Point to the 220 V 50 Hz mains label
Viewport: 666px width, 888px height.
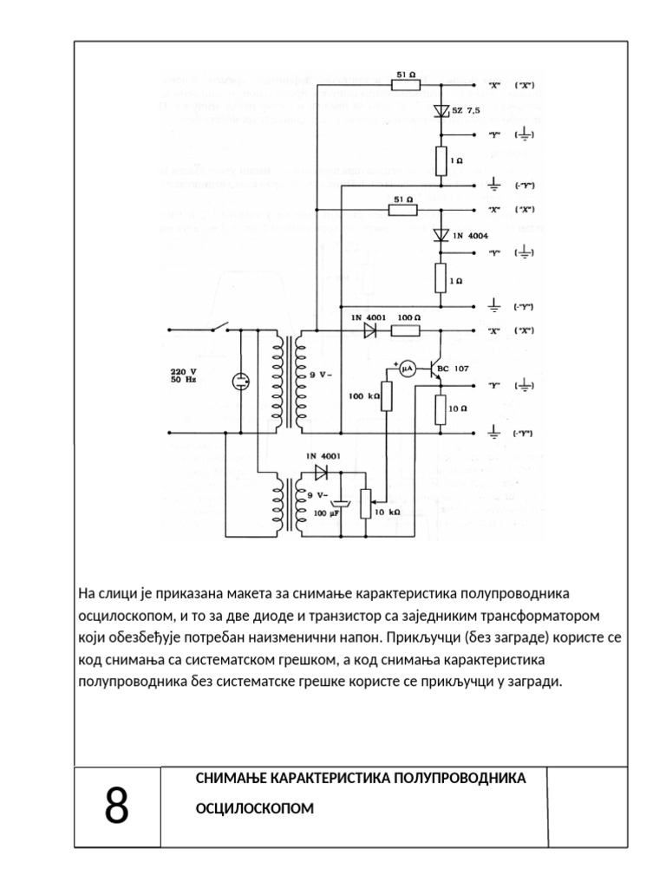184,375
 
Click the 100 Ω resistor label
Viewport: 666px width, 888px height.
408,318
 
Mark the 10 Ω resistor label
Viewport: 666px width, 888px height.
459,408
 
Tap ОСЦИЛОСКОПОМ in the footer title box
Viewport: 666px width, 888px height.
255,808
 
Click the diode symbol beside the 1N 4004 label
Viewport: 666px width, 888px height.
440,235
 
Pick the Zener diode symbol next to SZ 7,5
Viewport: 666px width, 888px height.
440,111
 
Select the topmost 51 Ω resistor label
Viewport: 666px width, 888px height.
403,75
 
